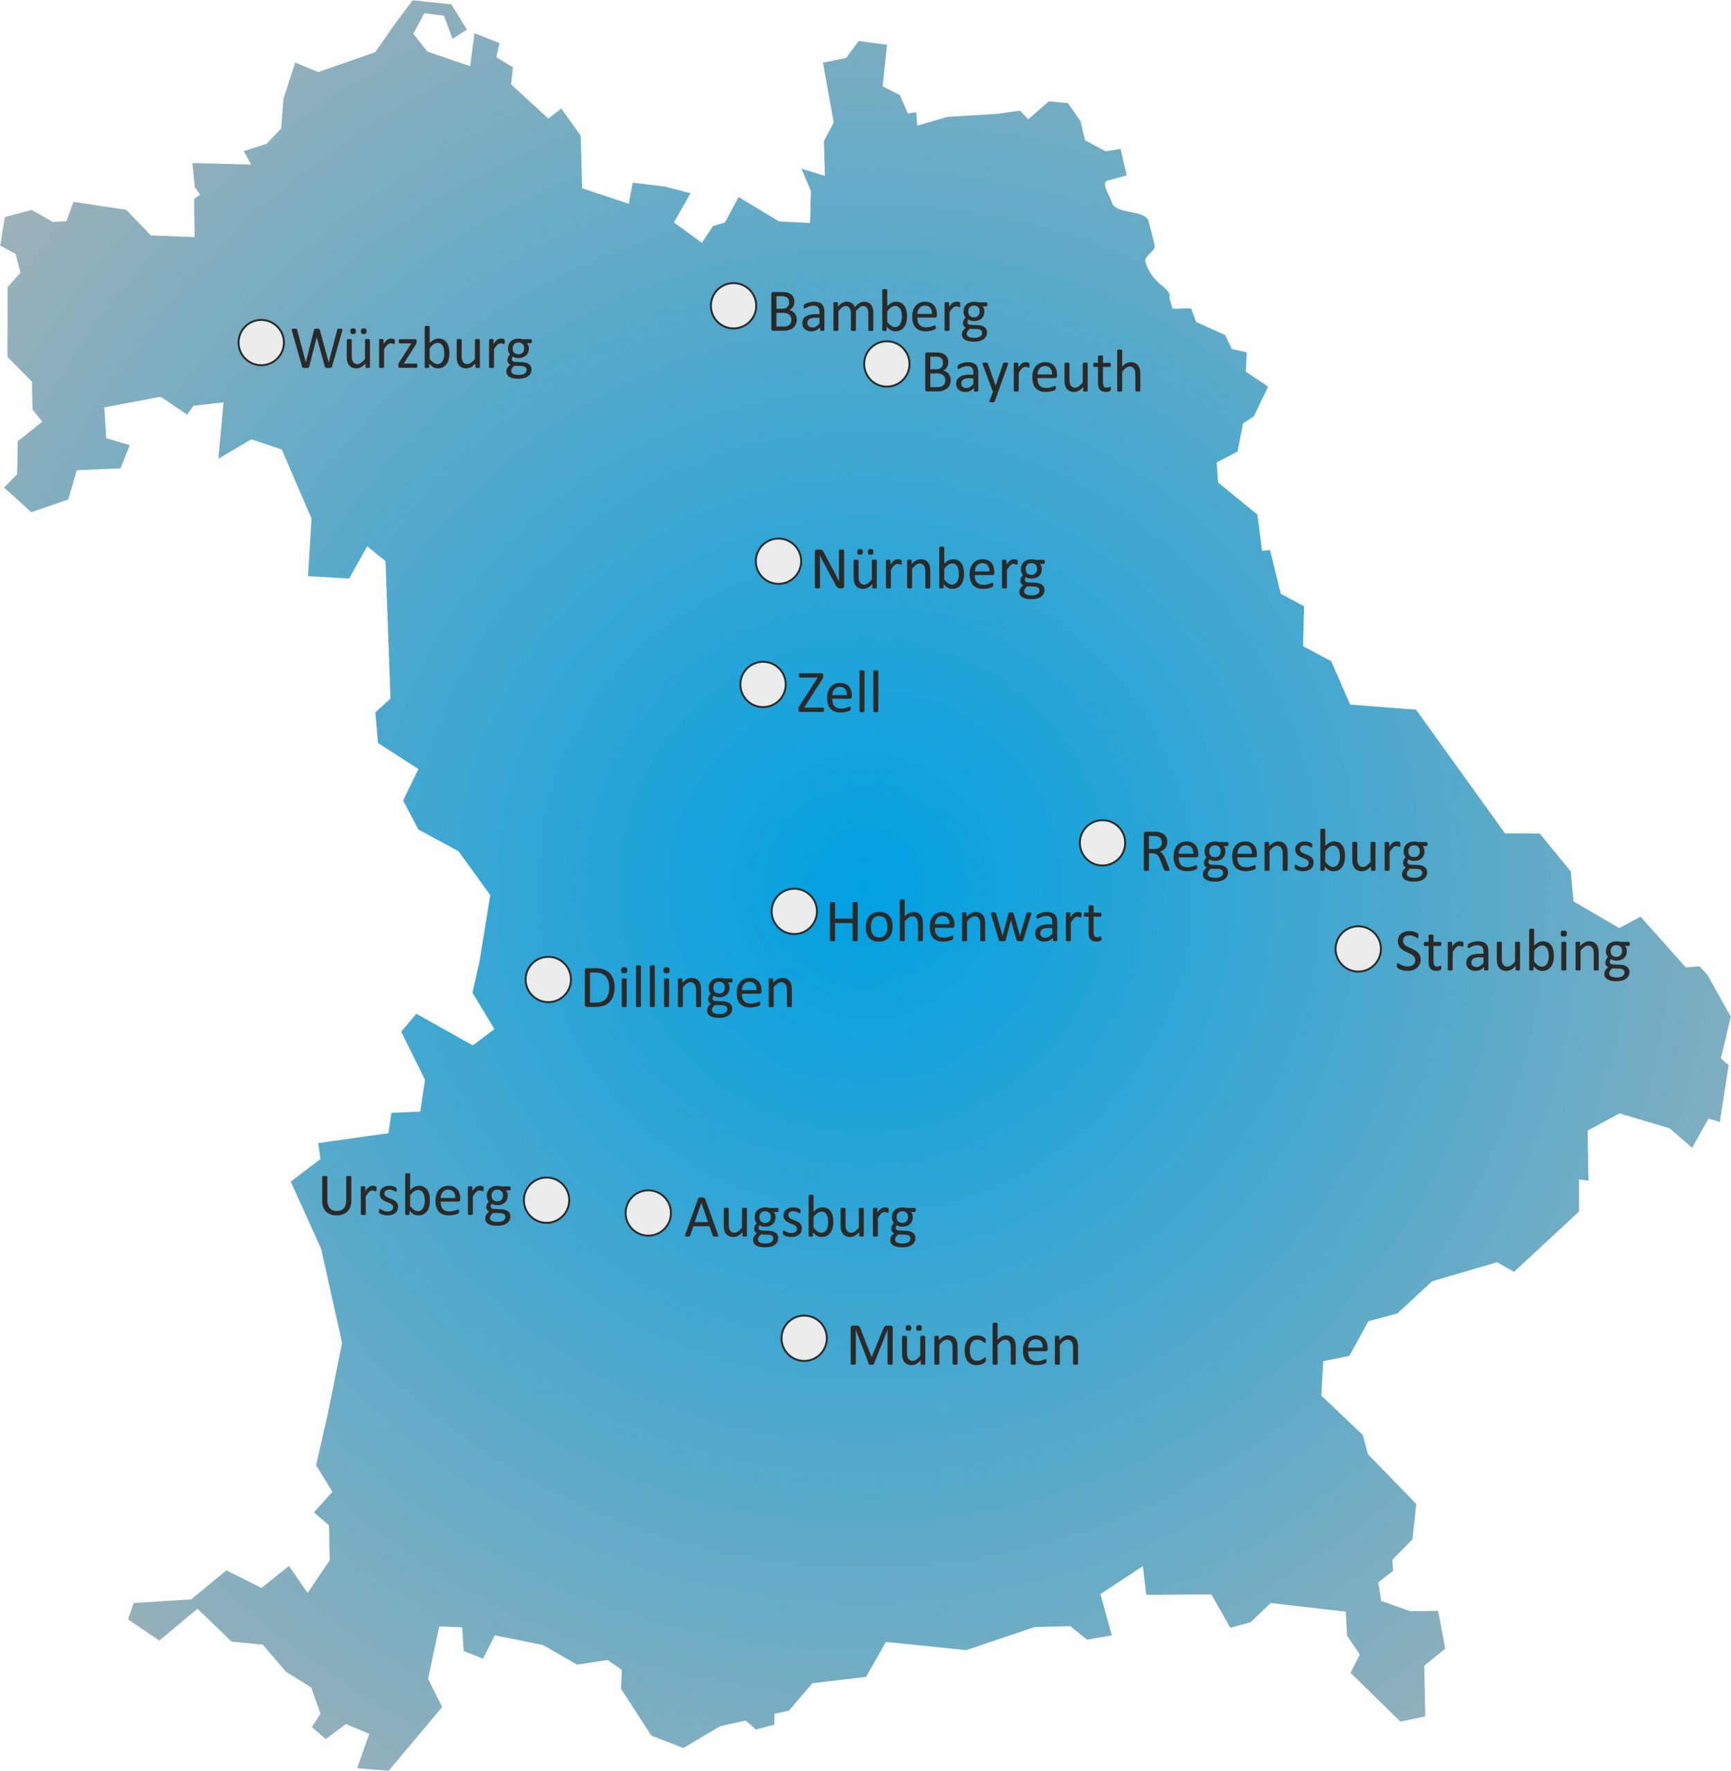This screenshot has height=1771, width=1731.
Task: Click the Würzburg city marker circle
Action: click(x=261, y=342)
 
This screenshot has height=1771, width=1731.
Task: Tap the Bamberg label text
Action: click(x=878, y=313)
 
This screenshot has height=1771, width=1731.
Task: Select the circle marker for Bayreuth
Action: click(x=887, y=365)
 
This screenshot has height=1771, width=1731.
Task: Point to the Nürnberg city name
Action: click(x=927, y=571)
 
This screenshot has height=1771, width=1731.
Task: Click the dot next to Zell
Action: click(x=763, y=684)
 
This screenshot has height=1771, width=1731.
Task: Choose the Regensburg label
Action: click(x=1283, y=854)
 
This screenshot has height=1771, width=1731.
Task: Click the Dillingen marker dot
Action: click(x=548, y=980)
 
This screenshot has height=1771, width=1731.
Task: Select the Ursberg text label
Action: click(x=415, y=1198)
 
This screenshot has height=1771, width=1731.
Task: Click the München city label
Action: click(x=963, y=1347)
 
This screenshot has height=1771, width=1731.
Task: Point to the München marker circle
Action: click(x=804, y=1339)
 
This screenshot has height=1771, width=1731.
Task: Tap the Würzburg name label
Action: click(x=412, y=350)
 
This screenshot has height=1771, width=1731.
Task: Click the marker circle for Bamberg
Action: click(x=734, y=305)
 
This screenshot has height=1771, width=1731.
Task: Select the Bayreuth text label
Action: click(x=1032, y=374)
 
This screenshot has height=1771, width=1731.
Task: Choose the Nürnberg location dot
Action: click(x=778, y=560)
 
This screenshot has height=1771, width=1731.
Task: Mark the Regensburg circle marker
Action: click(x=1103, y=843)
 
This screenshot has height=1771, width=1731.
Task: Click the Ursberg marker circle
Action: click(x=546, y=1200)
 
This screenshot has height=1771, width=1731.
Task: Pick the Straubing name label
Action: click(x=1512, y=953)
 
